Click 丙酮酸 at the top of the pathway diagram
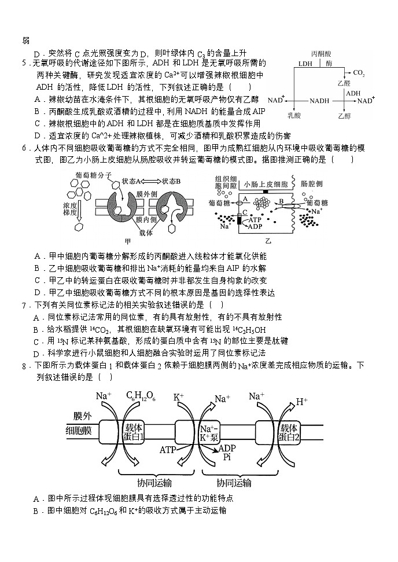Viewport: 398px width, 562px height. tap(321, 54)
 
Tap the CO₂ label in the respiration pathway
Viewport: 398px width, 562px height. tap(359, 73)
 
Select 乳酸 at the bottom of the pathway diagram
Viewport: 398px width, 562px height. tap(294, 115)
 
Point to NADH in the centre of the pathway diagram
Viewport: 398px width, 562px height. tap(319, 101)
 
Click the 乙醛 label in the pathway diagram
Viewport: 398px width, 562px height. tap(344, 83)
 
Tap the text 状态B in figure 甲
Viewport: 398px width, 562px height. tap(171, 181)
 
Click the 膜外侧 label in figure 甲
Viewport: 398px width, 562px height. tap(146, 194)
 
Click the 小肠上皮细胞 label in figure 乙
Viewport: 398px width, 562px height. tap(266, 184)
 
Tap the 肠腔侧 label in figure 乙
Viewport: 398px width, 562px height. tap(311, 184)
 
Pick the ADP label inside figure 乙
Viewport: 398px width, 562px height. tap(255, 226)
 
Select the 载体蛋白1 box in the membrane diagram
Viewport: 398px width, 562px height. tap(134, 432)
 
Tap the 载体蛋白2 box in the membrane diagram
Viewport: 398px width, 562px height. tap(289, 432)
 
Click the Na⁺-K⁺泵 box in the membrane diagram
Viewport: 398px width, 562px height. tap(209, 432)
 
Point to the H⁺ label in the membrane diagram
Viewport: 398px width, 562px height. tap(301, 401)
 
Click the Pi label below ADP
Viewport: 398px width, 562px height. tap(226, 457)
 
